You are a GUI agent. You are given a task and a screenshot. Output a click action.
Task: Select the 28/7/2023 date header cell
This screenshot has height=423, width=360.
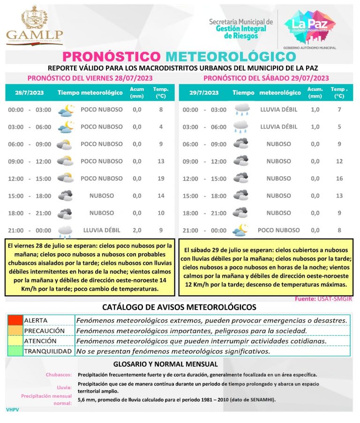click(x=29, y=92)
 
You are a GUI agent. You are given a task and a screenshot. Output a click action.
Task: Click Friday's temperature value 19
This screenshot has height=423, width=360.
click(x=161, y=179)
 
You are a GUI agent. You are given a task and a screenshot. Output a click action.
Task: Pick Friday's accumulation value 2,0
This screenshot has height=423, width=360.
click(x=137, y=230)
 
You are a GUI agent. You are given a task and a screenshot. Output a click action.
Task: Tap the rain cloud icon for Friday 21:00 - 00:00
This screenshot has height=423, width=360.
click(x=65, y=231)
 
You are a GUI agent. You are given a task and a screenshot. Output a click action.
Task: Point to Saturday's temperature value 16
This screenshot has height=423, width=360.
click(x=340, y=179)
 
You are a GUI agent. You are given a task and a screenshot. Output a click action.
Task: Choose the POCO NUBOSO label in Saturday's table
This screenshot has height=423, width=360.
click(x=278, y=230)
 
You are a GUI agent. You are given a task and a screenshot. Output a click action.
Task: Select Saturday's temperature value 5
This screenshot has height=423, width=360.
click(x=340, y=127)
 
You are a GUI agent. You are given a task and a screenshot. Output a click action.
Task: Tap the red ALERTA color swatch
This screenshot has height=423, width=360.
click(x=15, y=320)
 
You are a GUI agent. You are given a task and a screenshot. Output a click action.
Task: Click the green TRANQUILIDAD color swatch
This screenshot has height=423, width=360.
click(x=15, y=351)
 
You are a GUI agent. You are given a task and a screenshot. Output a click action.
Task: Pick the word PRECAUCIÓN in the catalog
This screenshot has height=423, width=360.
click(x=45, y=331)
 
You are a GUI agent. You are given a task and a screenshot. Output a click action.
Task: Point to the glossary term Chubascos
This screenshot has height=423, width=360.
click(x=59, y=375)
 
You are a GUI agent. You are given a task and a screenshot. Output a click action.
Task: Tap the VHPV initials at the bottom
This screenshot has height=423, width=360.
click(x=13, y=409)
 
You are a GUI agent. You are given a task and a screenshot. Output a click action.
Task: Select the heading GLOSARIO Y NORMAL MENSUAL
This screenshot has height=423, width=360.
click(x=165, y=364)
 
